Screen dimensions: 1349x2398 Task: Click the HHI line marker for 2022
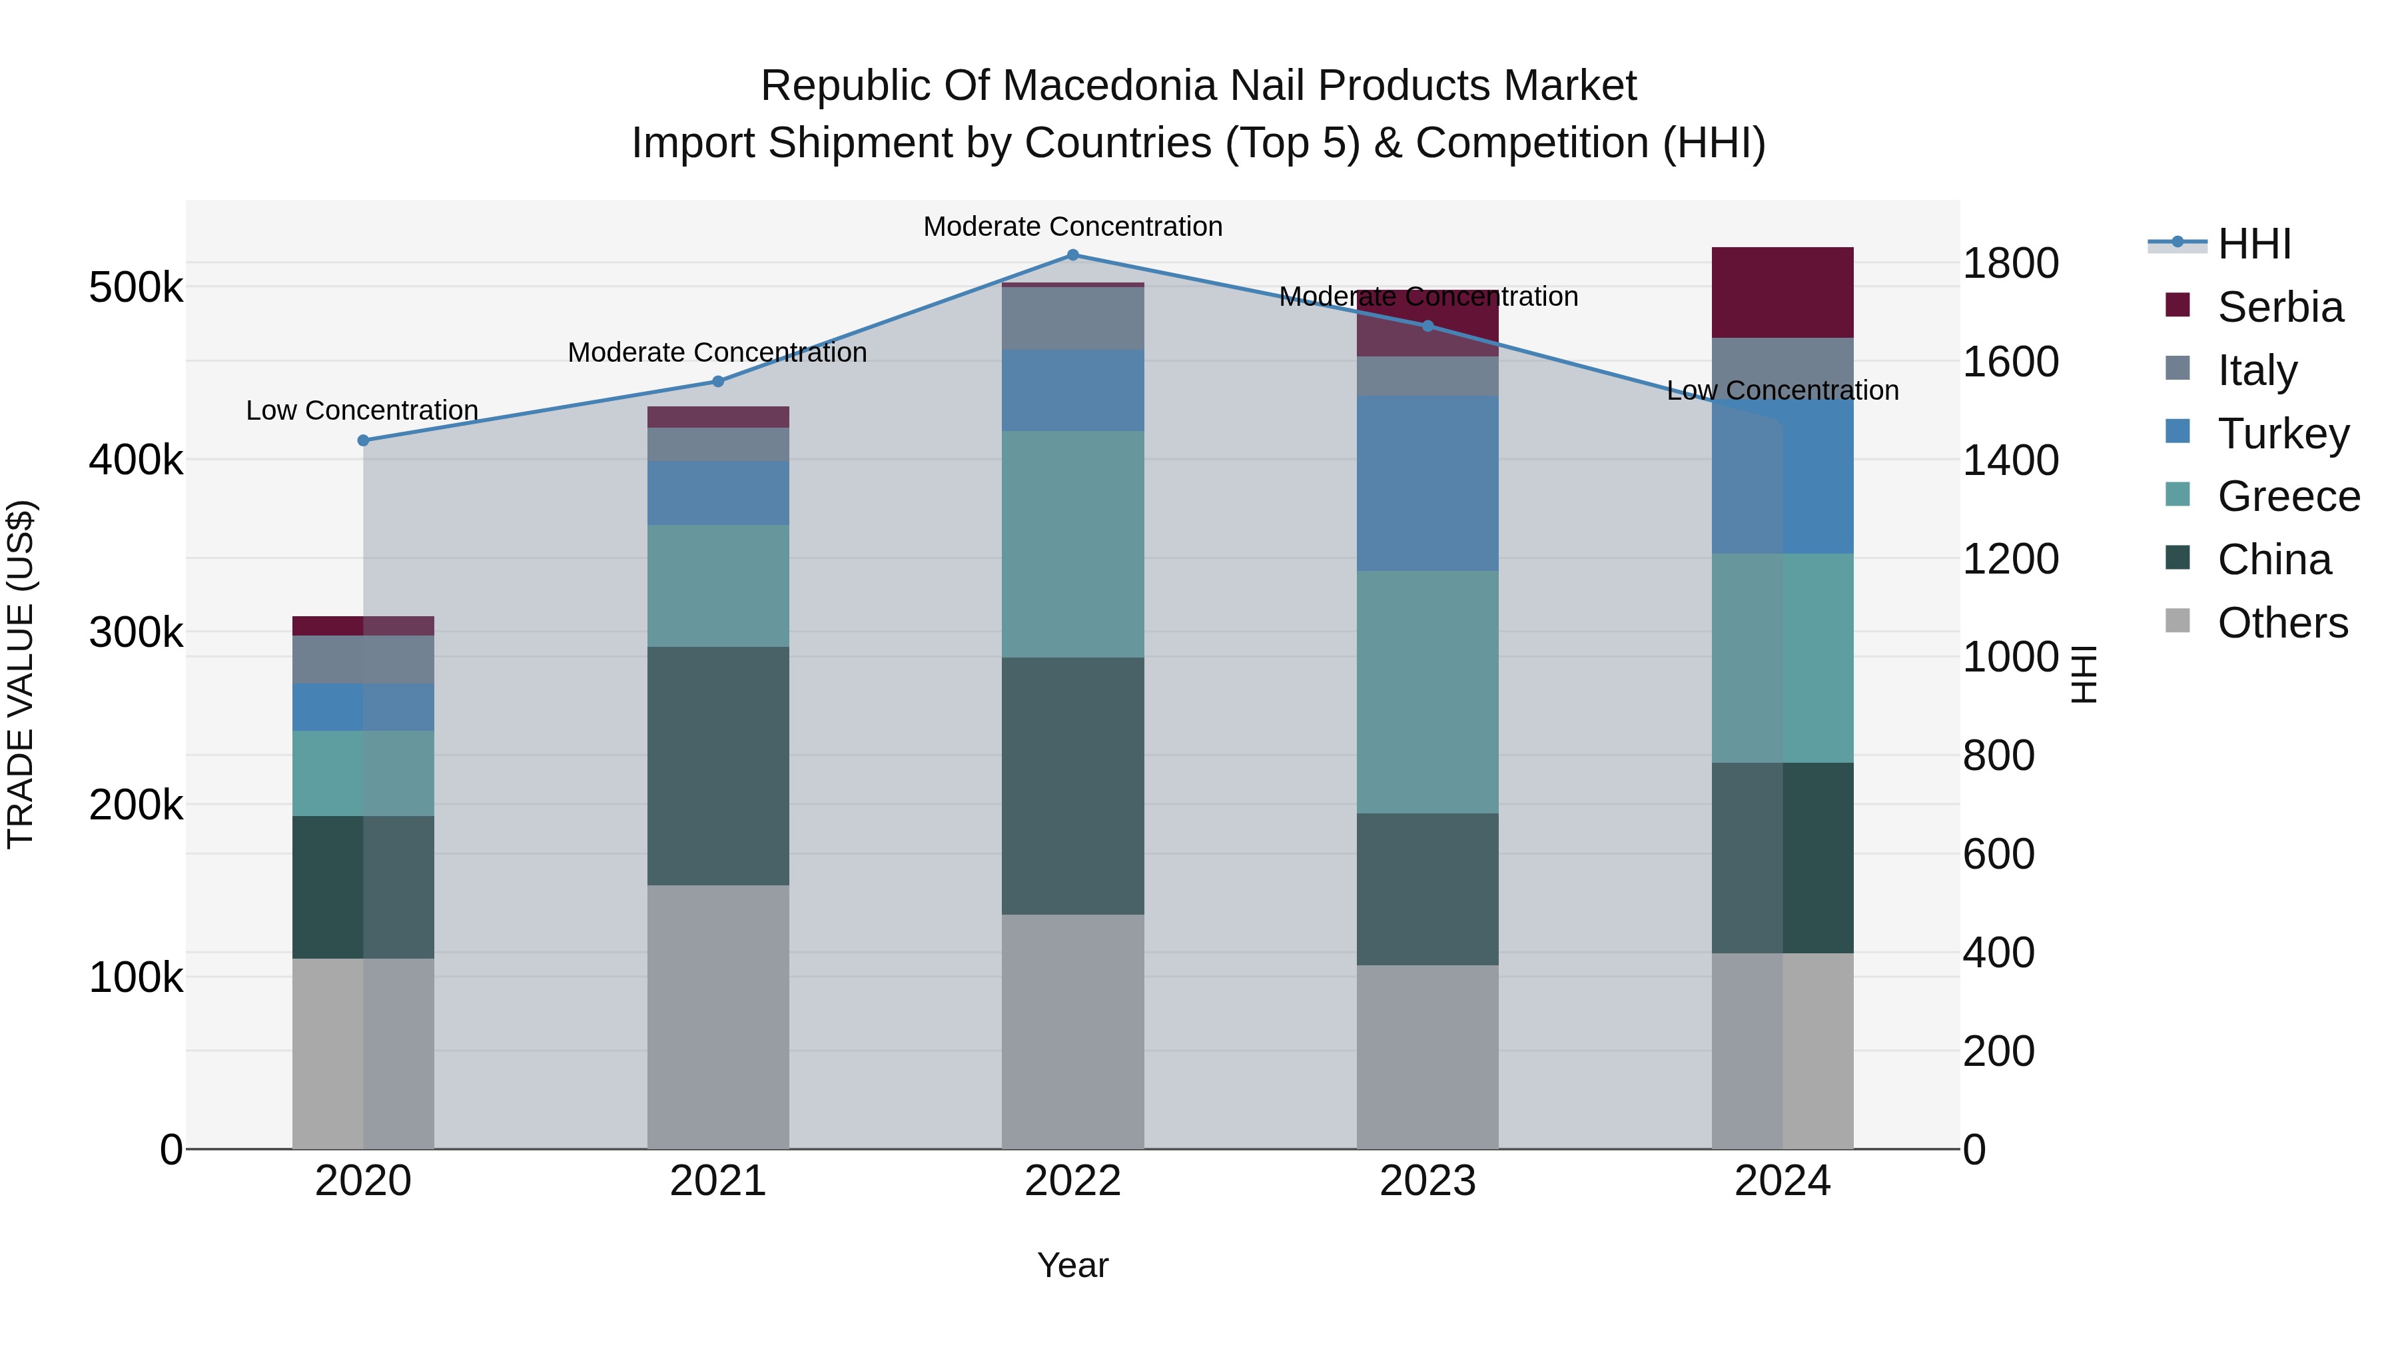click(1072, 255)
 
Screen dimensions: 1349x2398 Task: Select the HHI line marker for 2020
click(363, 440)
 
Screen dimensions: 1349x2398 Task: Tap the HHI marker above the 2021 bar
click(717, 381)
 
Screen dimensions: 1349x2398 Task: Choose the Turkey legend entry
click(2283, 434)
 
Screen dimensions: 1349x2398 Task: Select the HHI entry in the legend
click(2253, 244)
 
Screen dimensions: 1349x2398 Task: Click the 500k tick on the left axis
click(136, 288)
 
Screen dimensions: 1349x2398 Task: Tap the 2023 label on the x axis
click(1427, 1181)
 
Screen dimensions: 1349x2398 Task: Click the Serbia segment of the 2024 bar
click(1783, 292)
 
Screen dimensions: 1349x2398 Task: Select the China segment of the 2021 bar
click(717, 765)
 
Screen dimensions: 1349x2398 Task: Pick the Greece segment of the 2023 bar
click(1427, 691)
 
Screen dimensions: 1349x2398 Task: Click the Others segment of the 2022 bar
click(1072, 1031)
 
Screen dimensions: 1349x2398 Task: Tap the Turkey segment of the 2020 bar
click(363, 707)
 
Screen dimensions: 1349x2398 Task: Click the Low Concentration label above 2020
click(362, 410)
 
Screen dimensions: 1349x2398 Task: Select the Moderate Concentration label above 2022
click(1072, 226)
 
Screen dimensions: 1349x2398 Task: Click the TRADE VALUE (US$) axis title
click(21, 674)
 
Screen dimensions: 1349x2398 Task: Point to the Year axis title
click(1072, 1265)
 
